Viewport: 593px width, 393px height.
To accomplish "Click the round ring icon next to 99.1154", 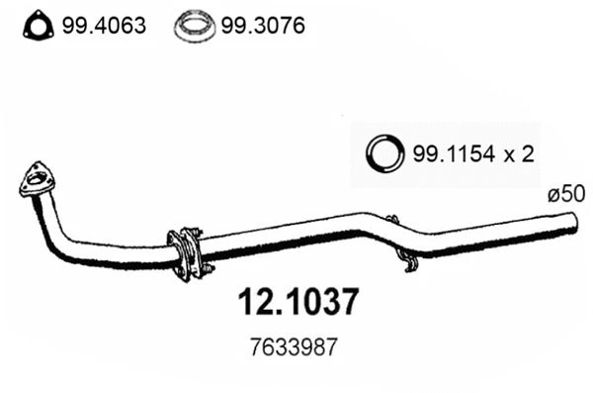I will pos(385,152).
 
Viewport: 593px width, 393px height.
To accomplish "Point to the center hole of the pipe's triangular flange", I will pos(39,179).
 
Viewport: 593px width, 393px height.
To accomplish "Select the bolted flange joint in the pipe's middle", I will pos(185,251).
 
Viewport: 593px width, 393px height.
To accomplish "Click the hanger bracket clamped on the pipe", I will pos(393,232).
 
